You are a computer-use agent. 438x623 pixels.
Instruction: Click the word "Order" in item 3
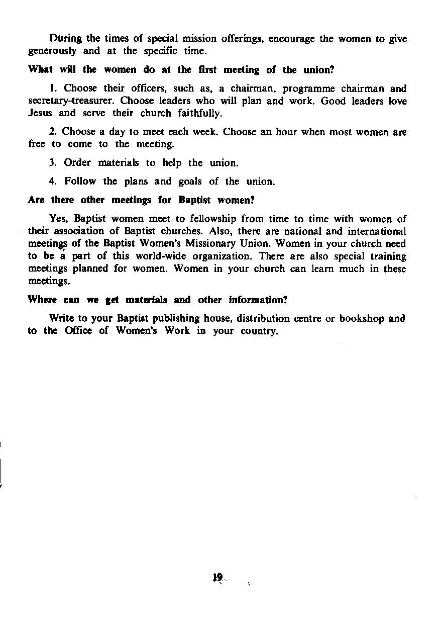[x=78, y=162]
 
